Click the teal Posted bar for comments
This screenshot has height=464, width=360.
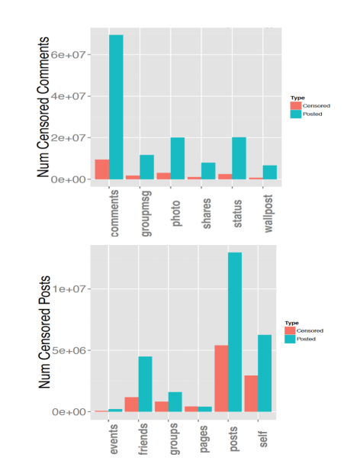pyautogui.click(x=116, y=107)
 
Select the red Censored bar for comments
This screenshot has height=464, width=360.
pyautogui.click(x=101, y=169)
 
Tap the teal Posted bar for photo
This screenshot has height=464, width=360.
pyautogui.click(x=178, y=158)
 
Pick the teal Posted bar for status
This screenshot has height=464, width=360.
pyautogui.click(x=237, y=158)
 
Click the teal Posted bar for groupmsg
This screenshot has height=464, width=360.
pyautogui.click(x=146, y=167)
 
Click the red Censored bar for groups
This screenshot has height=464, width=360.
pyautogui.click(x=161, y=406)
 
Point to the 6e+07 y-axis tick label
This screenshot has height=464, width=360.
pyautogui.click(x=74, y=55)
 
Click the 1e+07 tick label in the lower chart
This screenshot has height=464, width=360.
pyautogui.click(x=74, y=289)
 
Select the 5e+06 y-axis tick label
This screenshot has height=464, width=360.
pyautogui.click(x=74, y=350)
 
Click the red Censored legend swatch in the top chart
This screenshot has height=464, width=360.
pyautogui.click(x=295, y=106)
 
